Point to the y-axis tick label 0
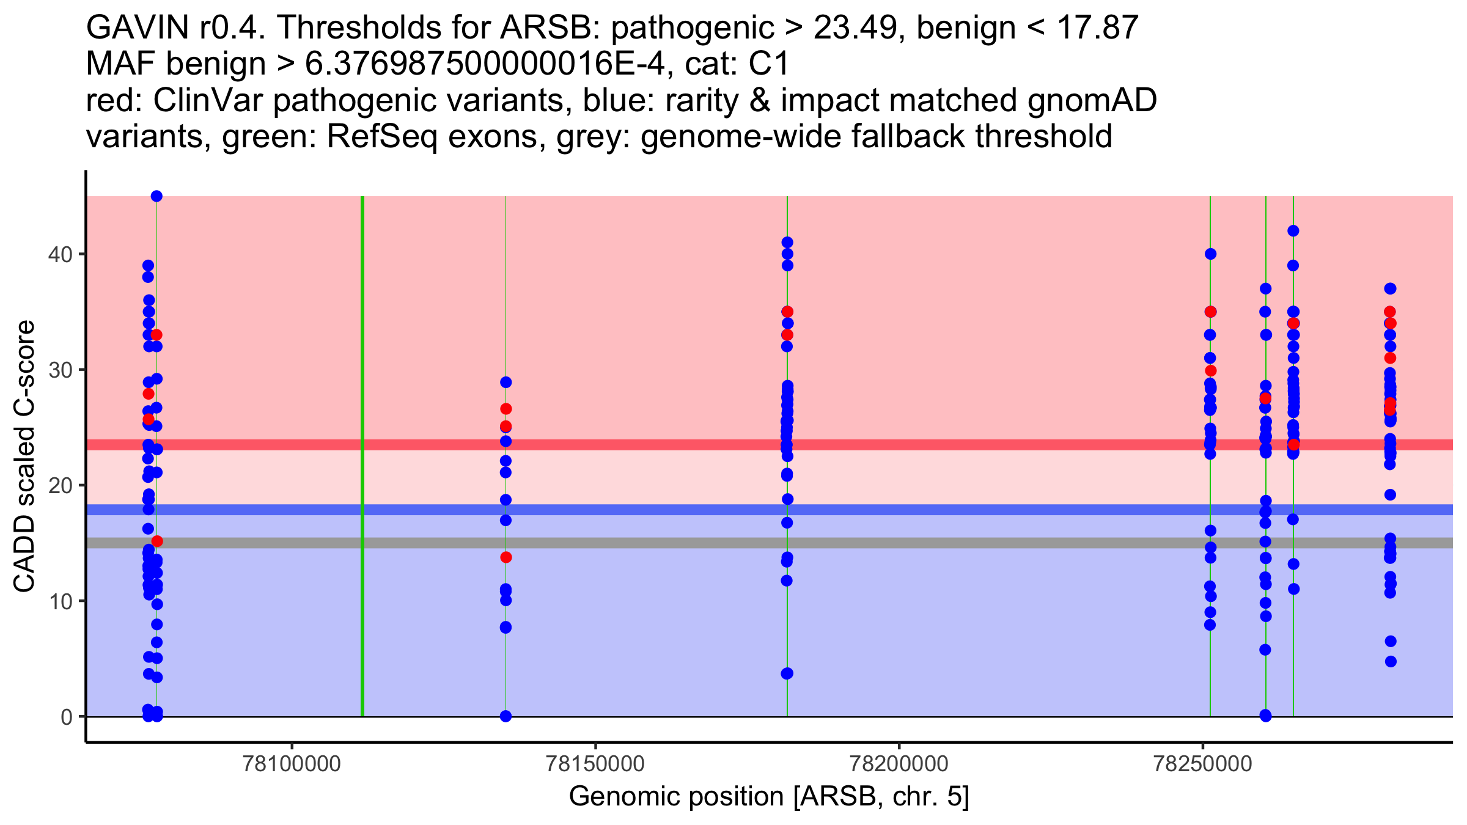pos(66,717)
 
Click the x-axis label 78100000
pos(292,765)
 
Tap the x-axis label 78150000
pos(595,765)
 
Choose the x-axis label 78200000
pos(899,765)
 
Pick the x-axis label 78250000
pos(1203,765)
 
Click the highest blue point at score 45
pos(156,196)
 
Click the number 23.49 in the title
pos(858,28)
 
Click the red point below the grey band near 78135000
pos(506,557)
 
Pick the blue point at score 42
pos(1293,231)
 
